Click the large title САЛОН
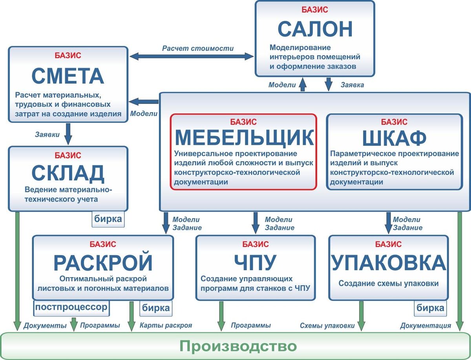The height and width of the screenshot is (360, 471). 315,29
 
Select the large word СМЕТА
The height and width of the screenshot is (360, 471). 68,76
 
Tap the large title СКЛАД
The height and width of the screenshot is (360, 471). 68,174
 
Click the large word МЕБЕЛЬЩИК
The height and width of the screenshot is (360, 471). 245,138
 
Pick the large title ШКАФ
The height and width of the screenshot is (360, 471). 394,138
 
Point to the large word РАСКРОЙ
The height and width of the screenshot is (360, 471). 103,263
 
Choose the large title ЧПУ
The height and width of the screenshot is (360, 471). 255,263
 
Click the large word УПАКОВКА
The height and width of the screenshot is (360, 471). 389,263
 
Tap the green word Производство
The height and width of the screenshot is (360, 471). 238,346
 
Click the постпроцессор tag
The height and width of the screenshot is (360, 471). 71,308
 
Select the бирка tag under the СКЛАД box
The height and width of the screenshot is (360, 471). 108,219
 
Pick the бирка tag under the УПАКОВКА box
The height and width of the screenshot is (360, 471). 430,308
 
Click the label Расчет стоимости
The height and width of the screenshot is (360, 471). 198,48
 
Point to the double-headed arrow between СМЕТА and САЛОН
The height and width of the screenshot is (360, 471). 192,57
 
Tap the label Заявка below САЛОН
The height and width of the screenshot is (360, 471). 352,85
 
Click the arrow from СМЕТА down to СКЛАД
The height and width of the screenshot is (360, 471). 68,134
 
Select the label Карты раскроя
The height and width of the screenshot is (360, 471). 166,325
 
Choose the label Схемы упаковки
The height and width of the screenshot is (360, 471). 327,326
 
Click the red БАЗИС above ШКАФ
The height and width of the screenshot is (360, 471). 394,122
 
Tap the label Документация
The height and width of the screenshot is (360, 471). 425,326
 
